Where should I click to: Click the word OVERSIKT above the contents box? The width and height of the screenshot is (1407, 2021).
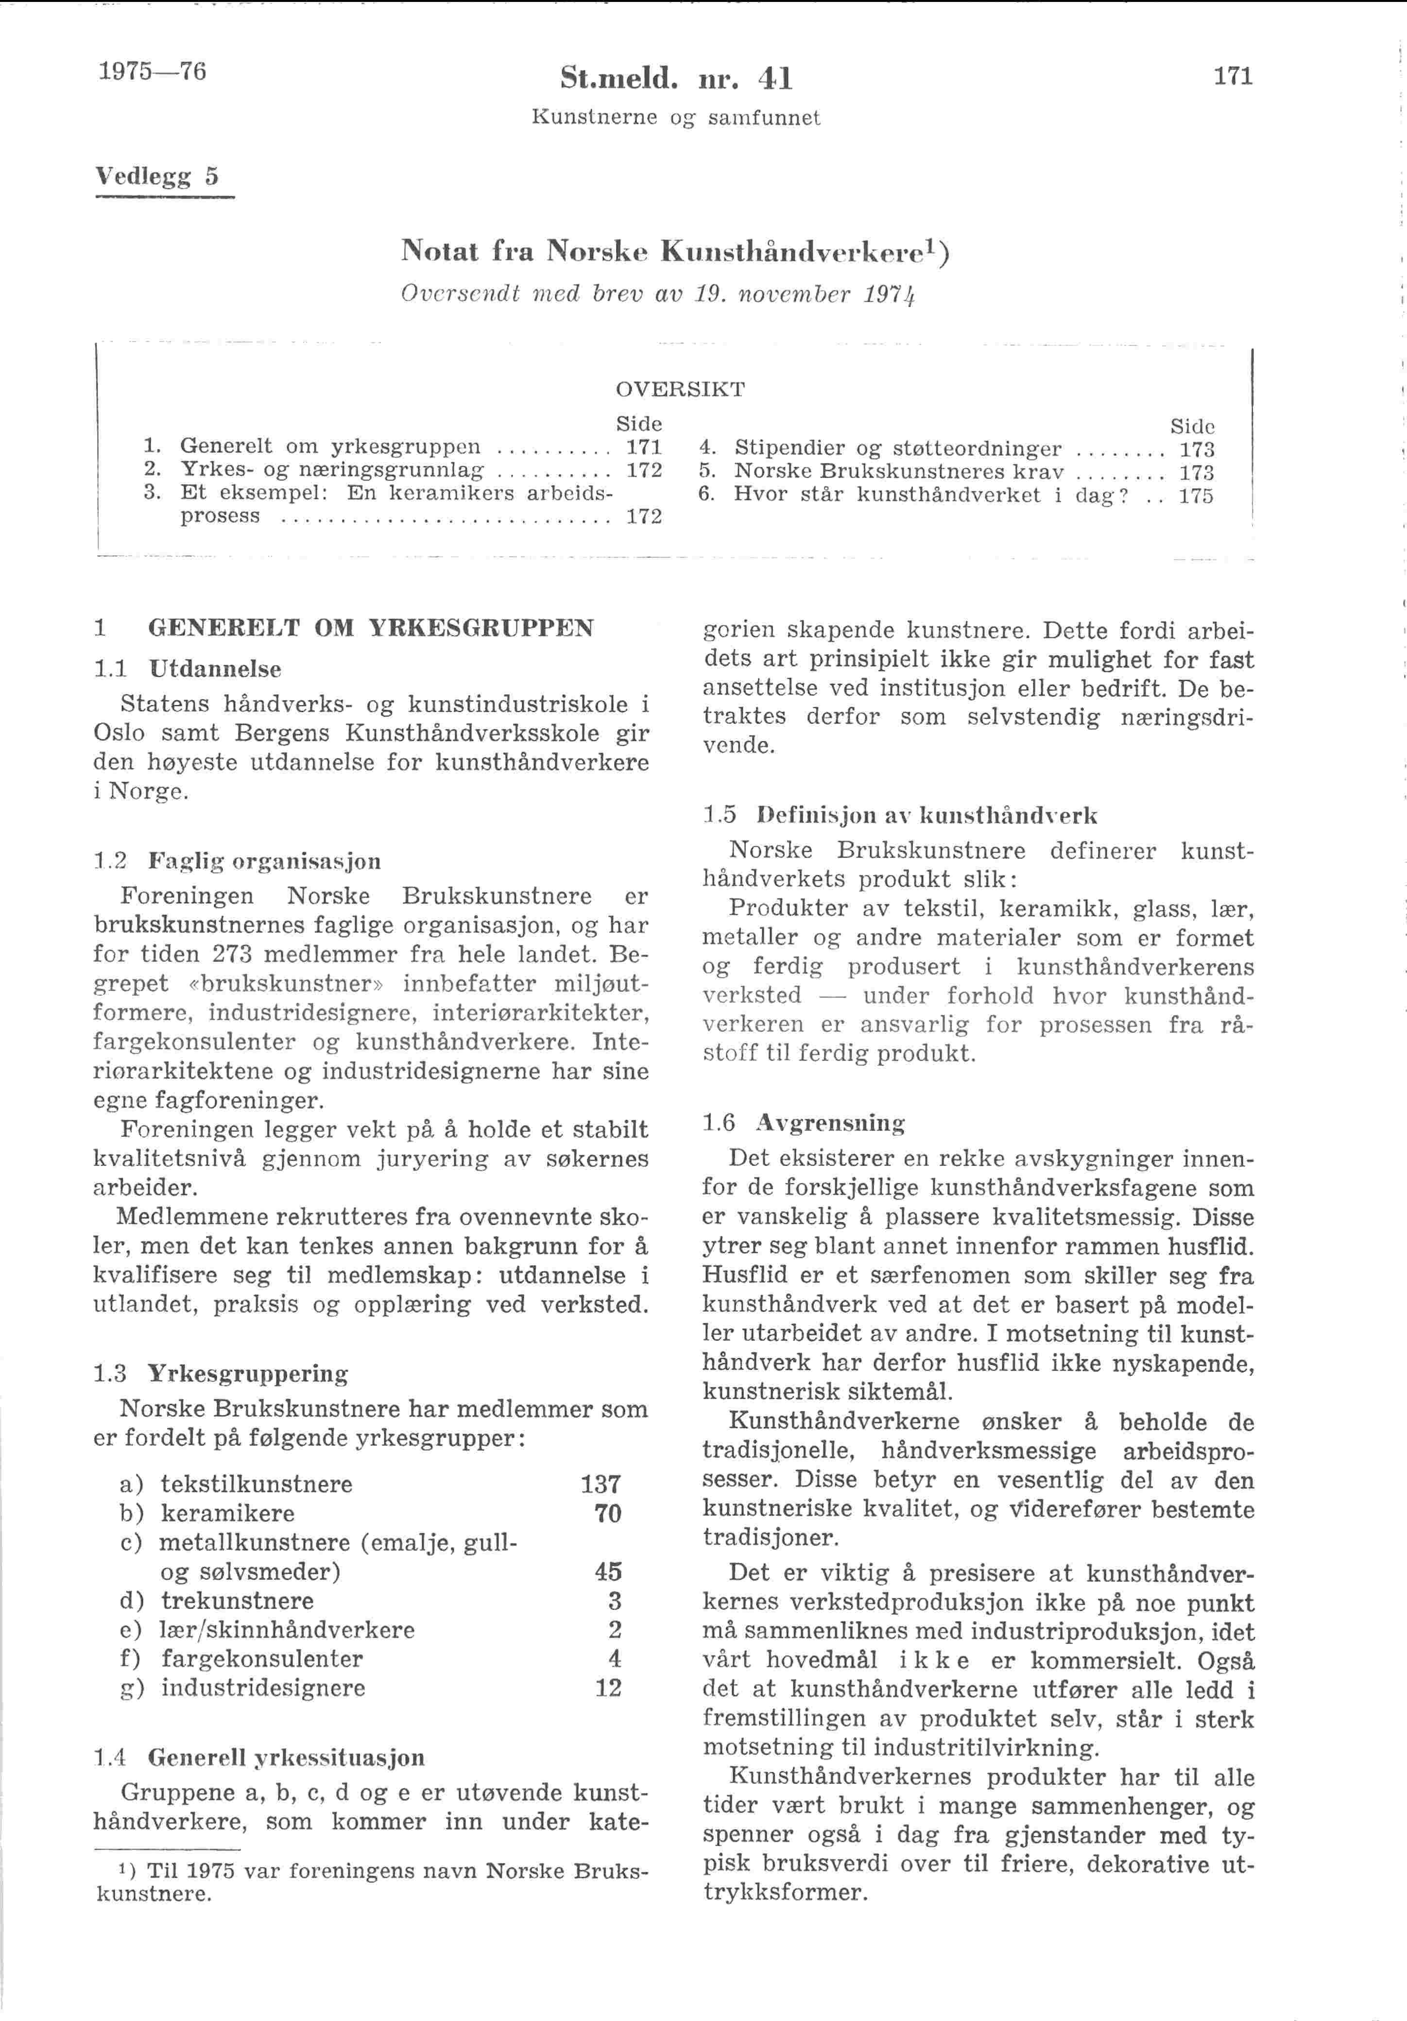(x=680, y=389)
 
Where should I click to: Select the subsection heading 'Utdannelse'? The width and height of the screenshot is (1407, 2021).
(x=215, y=669)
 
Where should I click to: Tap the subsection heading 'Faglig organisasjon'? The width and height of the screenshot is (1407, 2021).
(x=264, y=861)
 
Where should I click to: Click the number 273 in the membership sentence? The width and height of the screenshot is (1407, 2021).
(x=232, y=954)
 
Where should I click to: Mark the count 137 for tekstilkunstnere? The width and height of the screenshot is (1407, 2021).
(x=601, y=1484)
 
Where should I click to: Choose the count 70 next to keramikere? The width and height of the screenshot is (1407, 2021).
(x=607, y=1513)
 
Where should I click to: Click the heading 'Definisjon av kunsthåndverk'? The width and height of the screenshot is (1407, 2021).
(x=927, y=815)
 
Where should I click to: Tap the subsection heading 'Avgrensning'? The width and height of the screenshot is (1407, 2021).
(x=830, y=1123)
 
